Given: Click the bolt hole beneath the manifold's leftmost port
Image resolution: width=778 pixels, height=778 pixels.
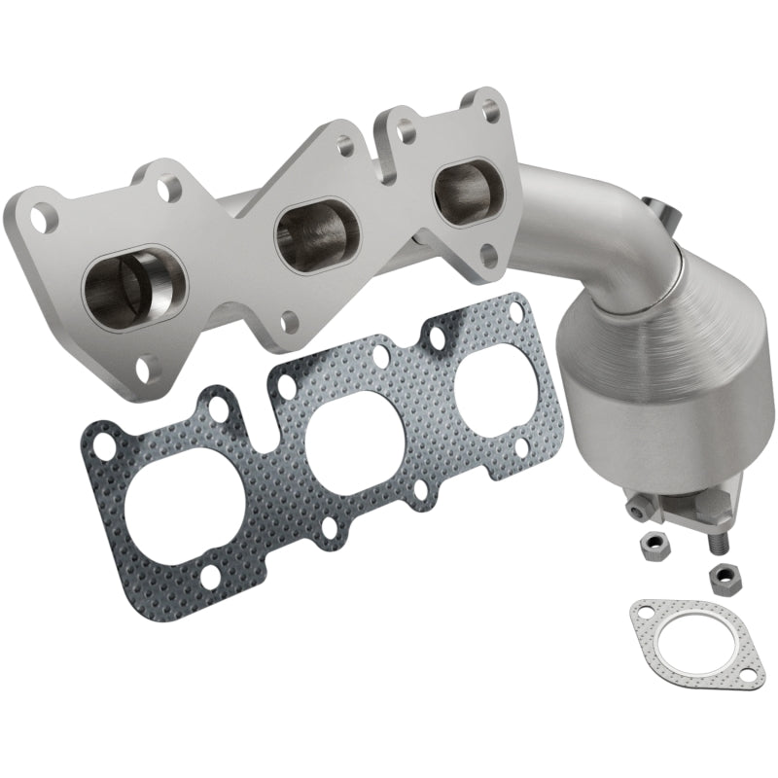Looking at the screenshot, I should (146, 370).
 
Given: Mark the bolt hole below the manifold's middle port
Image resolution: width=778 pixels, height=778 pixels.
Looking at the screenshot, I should (288, 318).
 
